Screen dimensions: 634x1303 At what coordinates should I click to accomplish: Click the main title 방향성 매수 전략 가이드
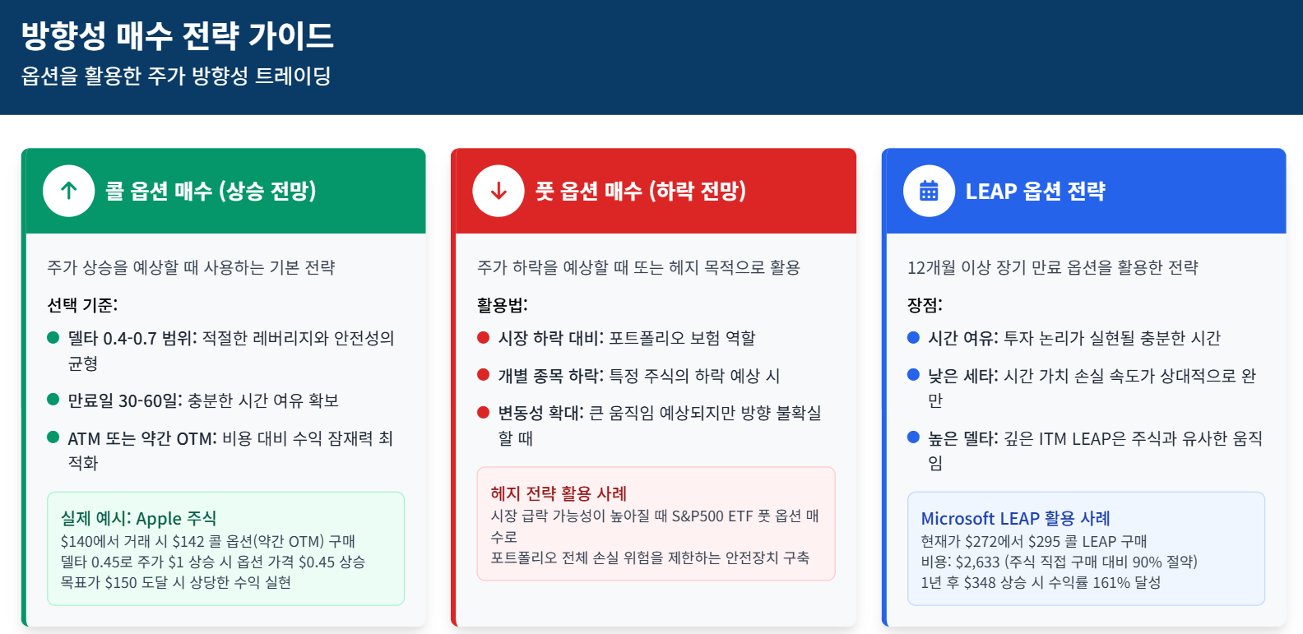(x=177, y=35)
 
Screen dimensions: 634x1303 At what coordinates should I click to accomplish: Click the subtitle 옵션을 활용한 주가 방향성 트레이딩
(x=176, y=76)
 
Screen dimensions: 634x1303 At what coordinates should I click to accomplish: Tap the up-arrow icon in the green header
(x=69, y=191)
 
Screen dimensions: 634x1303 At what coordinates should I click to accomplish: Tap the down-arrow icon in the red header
(x=498, y=191)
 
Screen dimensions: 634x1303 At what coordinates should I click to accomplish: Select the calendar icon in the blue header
(x=929, y=191)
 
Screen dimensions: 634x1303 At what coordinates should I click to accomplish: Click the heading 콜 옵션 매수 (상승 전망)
(x=211, y=191)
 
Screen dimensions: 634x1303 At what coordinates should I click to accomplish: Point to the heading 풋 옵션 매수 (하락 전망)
(x=641, y=191)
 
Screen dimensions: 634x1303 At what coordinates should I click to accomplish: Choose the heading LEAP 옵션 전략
(x=1035, y=192)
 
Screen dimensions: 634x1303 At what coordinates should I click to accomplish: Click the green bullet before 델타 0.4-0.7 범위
(x=53, y=337)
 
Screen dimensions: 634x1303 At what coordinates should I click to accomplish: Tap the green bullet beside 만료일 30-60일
(x=53, y=400)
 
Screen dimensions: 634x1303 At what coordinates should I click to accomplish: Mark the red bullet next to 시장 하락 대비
(x=484, y=337)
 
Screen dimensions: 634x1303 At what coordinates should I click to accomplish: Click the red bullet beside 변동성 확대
(x=484, y=412)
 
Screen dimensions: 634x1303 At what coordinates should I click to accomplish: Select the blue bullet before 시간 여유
(x=913, y=337)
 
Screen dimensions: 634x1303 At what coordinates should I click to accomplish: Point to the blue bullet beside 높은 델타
(x=913, y=437)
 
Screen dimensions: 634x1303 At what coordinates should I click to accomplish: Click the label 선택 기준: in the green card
(x=82, y=305)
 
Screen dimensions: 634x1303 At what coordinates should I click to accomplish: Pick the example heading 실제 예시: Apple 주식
(x=138, y=518)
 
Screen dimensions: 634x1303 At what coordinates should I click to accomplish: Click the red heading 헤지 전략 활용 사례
(x=559, y=493)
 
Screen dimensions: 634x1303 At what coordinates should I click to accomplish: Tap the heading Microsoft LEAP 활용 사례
(x=1015, y=518)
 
